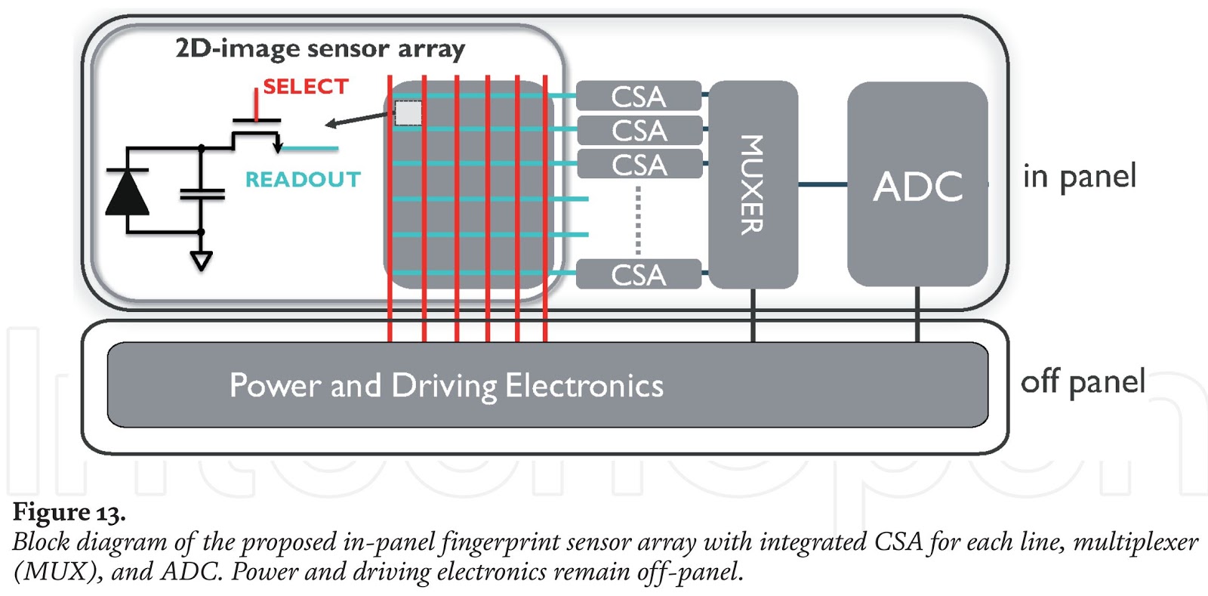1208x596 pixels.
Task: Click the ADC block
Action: (917, 184)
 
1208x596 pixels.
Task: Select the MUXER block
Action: (753, 184)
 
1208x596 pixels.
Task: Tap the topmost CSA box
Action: (639, 97)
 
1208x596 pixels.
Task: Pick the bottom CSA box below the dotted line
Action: (639, 274)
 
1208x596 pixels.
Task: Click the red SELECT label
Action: (306, 87)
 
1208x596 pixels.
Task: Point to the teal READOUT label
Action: (303, 180)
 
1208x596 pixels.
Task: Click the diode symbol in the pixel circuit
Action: (127, 193)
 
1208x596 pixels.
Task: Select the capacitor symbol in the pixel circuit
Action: (202, 195)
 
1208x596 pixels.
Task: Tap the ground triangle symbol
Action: (201, 261)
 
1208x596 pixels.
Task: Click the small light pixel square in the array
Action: (408, 113)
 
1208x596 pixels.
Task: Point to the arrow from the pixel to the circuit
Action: (359, 119)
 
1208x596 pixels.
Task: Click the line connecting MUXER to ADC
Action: (822, 184)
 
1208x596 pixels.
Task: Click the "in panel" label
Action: (1079, 177)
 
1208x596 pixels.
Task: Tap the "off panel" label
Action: (1082, 381)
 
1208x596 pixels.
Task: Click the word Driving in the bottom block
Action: (444, 386)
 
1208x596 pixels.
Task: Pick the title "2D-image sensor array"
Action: (320, 49)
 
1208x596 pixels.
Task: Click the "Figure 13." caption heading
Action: (69, 513)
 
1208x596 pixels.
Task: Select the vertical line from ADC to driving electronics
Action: (917, 314)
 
